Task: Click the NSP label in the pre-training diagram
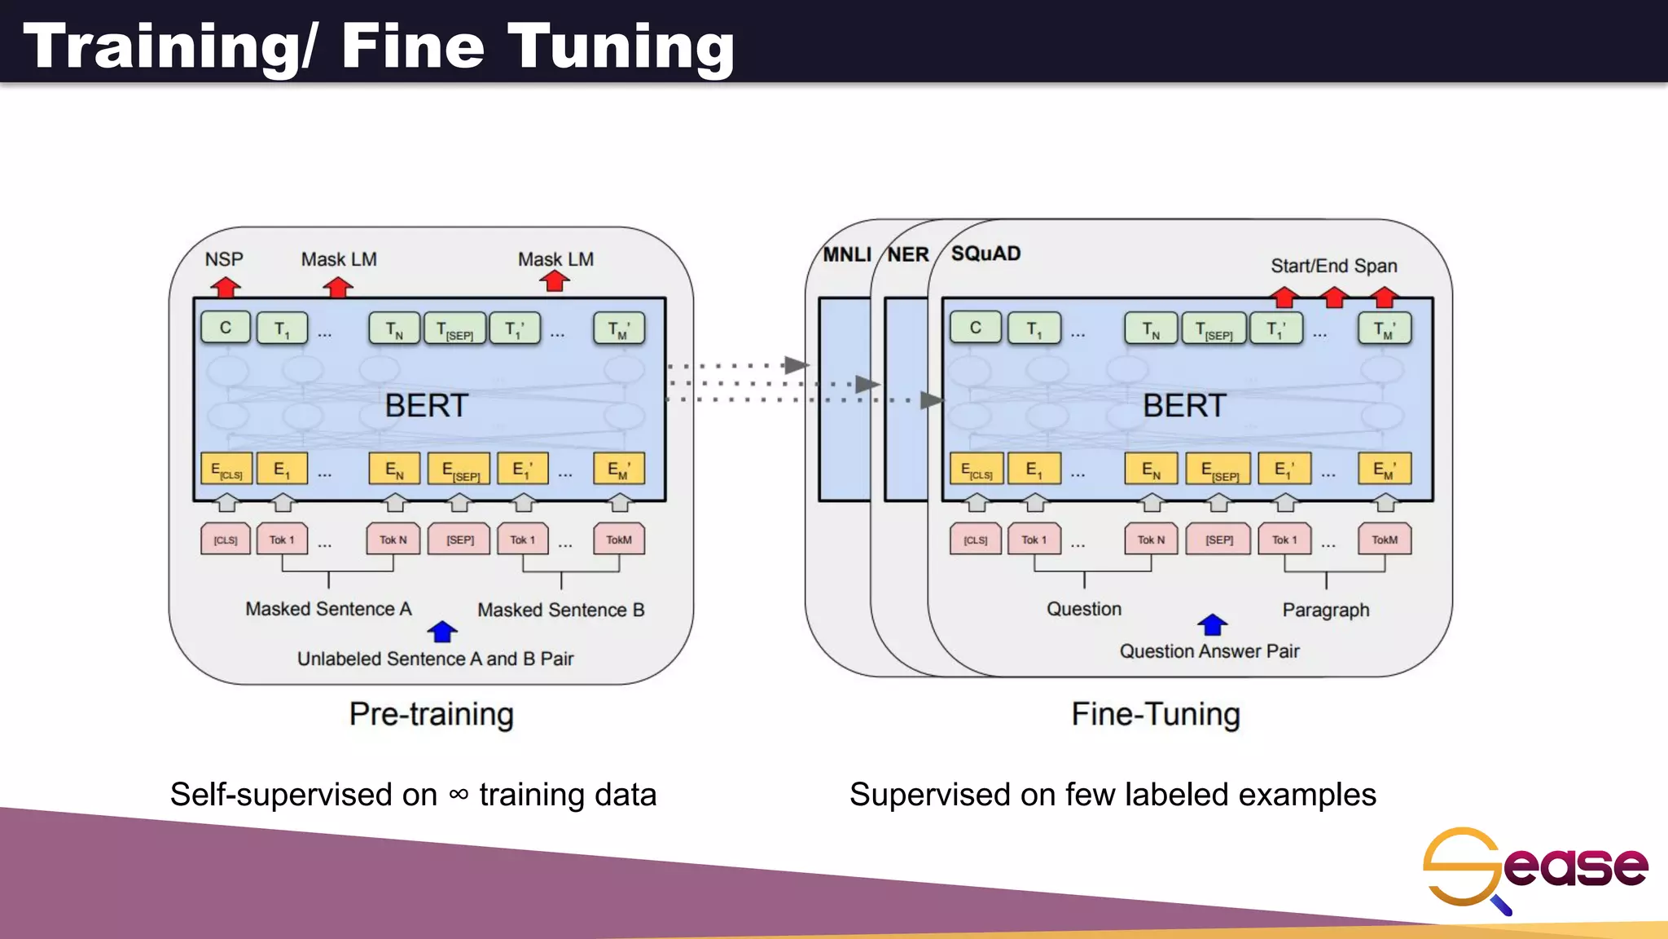point(224,259)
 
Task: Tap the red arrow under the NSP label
point(226,287)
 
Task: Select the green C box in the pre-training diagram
point(226,328)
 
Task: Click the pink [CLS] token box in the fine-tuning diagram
point(976,540)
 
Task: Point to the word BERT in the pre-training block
point(426,405)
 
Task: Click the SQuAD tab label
point(985,253)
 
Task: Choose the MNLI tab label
point(847,254)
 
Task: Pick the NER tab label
point(908,254)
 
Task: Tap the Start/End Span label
point(1333,266)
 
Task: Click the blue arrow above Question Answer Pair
point(1212,624)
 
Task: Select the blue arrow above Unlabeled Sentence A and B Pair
point(442,632)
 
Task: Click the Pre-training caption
point(431,714)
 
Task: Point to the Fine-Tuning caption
point(1155,714)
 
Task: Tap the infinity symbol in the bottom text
point(459,794)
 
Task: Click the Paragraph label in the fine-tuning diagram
point(1325,610)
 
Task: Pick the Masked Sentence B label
point(560,610)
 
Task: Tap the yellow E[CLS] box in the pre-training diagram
point(226,469)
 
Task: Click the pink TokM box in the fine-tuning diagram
point(1385,540)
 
